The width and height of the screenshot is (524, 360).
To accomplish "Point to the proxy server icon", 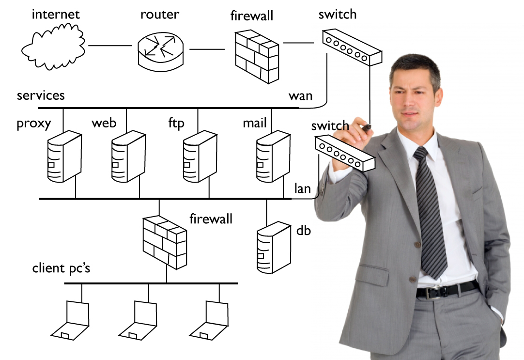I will [x=63, y=156].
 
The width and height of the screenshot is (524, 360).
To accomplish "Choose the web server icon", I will [x=127, y=156].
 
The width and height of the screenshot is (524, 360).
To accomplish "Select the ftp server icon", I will [x=199, y=156].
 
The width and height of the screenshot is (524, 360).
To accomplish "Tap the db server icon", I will [x=273, y=247].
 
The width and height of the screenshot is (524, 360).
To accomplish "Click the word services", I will [x=41, y=95].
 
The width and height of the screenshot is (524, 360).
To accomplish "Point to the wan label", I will [x=300, y=95].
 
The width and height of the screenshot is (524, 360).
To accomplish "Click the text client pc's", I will [x=61, y=268].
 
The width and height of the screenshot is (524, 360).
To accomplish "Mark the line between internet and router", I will [x=110, y=46].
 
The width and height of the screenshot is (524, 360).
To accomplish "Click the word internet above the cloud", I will [x=55, y=14].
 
